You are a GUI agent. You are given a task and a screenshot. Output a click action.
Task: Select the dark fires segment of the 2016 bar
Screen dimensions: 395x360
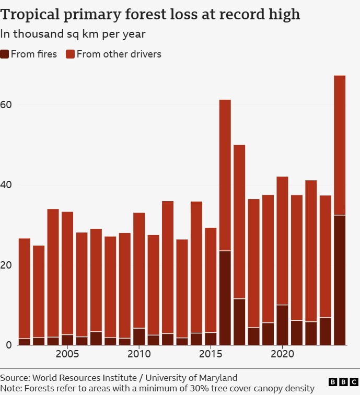point(225,298)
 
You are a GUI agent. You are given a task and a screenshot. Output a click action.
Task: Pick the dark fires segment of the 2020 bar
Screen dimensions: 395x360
point(282,324)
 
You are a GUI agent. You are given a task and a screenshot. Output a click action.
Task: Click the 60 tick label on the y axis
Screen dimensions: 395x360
point(6,104)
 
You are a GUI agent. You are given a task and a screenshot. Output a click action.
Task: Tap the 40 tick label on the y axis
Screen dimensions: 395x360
point(6,185)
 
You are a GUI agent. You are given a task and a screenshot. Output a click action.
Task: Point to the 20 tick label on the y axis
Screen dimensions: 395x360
point(6,265)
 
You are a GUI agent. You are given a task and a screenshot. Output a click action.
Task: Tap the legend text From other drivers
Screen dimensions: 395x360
point(119,54)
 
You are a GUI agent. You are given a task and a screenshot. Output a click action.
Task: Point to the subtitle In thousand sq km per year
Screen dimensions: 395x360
point(73,34)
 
